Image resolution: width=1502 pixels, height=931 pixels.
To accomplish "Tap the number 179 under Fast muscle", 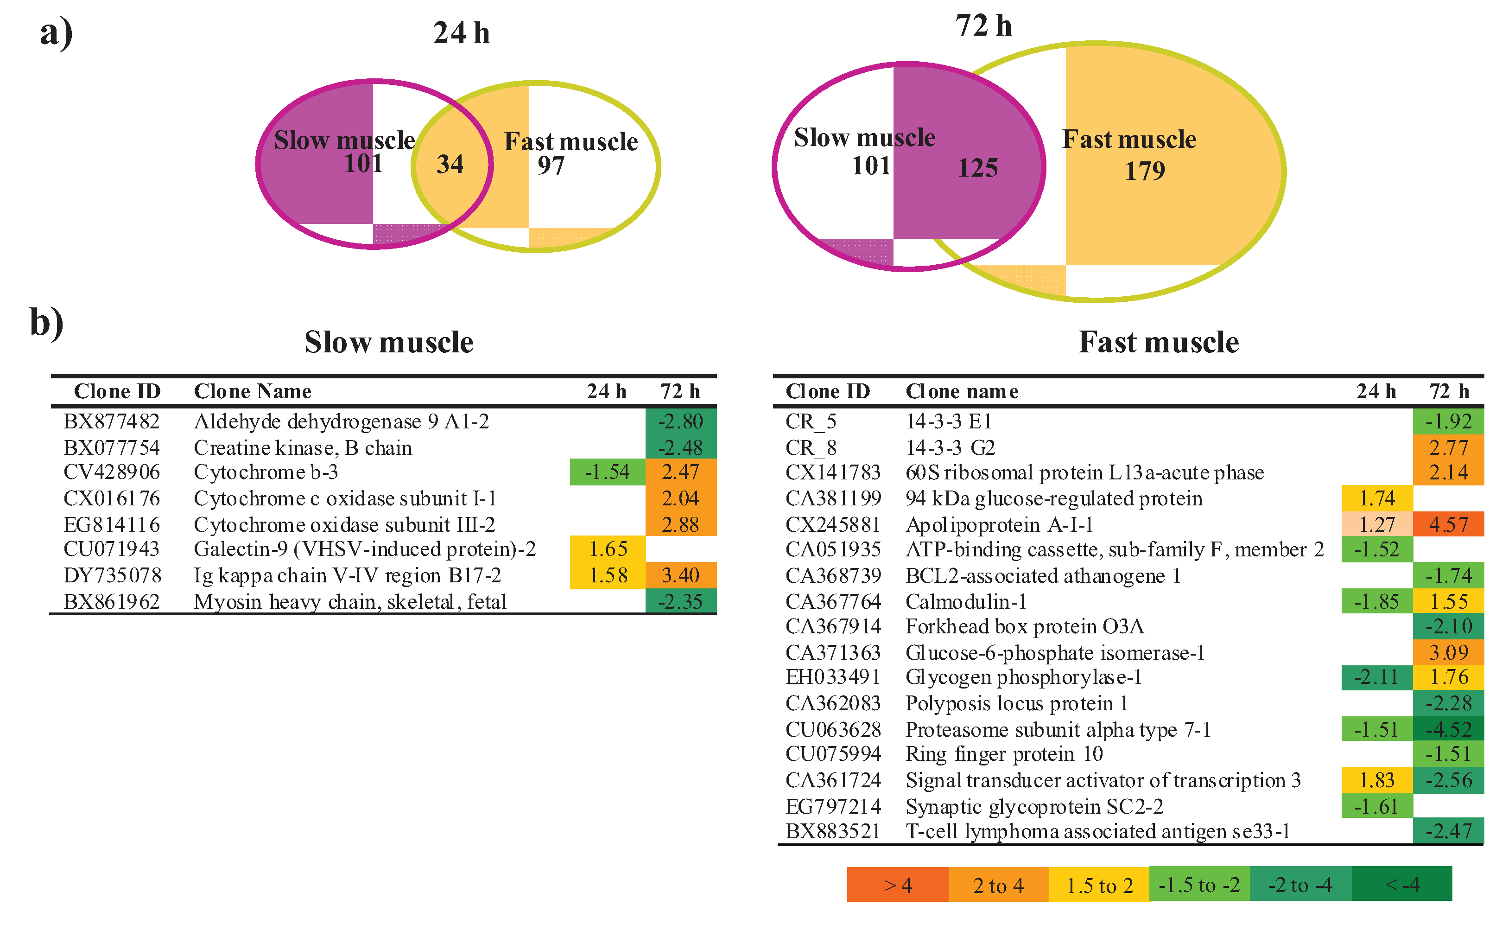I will [1145, 171].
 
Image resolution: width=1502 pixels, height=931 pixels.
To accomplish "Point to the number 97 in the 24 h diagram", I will [550, 166].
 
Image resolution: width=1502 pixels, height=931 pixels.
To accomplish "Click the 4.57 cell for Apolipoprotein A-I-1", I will [1448, 524].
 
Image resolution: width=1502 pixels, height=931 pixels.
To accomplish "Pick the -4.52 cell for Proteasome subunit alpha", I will [1448, 730].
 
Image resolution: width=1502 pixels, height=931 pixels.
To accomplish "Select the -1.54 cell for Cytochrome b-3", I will [607, 472].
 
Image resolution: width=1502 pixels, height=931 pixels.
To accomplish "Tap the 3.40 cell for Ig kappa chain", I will [680, 575].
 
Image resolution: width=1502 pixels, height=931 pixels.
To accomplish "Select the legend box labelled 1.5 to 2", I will [1098, 885].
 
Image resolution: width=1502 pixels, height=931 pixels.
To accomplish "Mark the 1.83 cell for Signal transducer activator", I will [1376, 780].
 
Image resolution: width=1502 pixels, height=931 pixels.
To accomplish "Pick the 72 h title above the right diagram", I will [983, 26].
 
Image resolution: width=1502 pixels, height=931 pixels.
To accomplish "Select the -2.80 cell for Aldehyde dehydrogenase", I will [680, 422].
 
